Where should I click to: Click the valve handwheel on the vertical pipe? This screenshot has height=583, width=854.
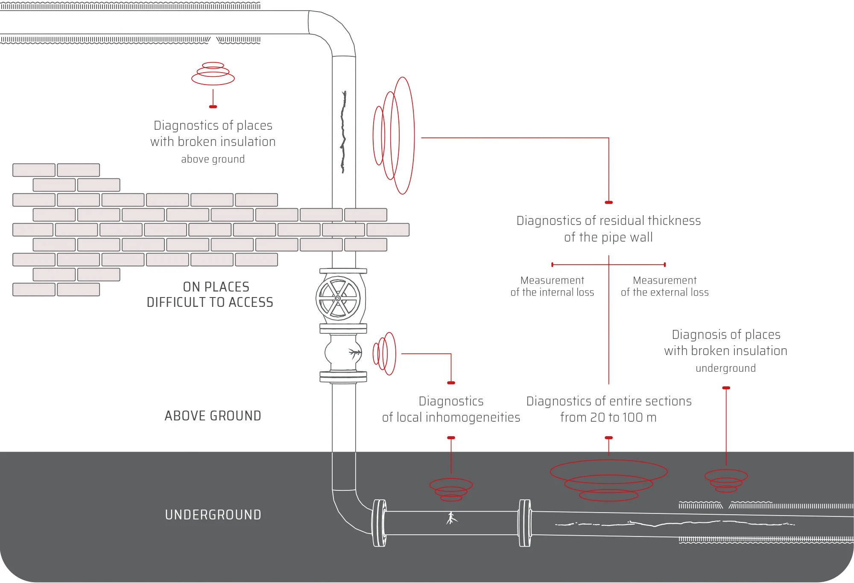coord(338,298)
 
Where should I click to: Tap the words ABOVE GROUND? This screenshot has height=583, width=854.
coord(213,416)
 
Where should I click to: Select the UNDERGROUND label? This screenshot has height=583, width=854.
coord(213,515)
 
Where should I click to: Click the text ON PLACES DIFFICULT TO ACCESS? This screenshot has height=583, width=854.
coord(210,294)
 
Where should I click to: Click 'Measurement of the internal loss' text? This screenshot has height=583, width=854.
coord(552,286)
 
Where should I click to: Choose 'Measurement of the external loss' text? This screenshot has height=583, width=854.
coord(664,286)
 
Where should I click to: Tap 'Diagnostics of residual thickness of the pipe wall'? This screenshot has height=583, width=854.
coord(608,229)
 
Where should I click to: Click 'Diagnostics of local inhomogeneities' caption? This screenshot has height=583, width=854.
coord(451,409)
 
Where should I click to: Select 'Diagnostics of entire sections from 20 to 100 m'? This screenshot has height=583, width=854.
coord(608,409)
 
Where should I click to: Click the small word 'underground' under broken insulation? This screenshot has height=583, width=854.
coord(725,368)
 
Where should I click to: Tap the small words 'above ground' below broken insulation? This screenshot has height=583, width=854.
coord(213,159)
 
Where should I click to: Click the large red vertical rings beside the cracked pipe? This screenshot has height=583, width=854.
coord(394,136)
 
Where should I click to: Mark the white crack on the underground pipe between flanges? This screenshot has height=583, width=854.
coord(451,518)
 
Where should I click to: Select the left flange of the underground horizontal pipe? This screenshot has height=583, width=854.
coord(379,523)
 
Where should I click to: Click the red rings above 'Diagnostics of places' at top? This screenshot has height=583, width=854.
coord(213,73)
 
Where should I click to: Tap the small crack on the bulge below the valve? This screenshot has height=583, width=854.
coord(354,353)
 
